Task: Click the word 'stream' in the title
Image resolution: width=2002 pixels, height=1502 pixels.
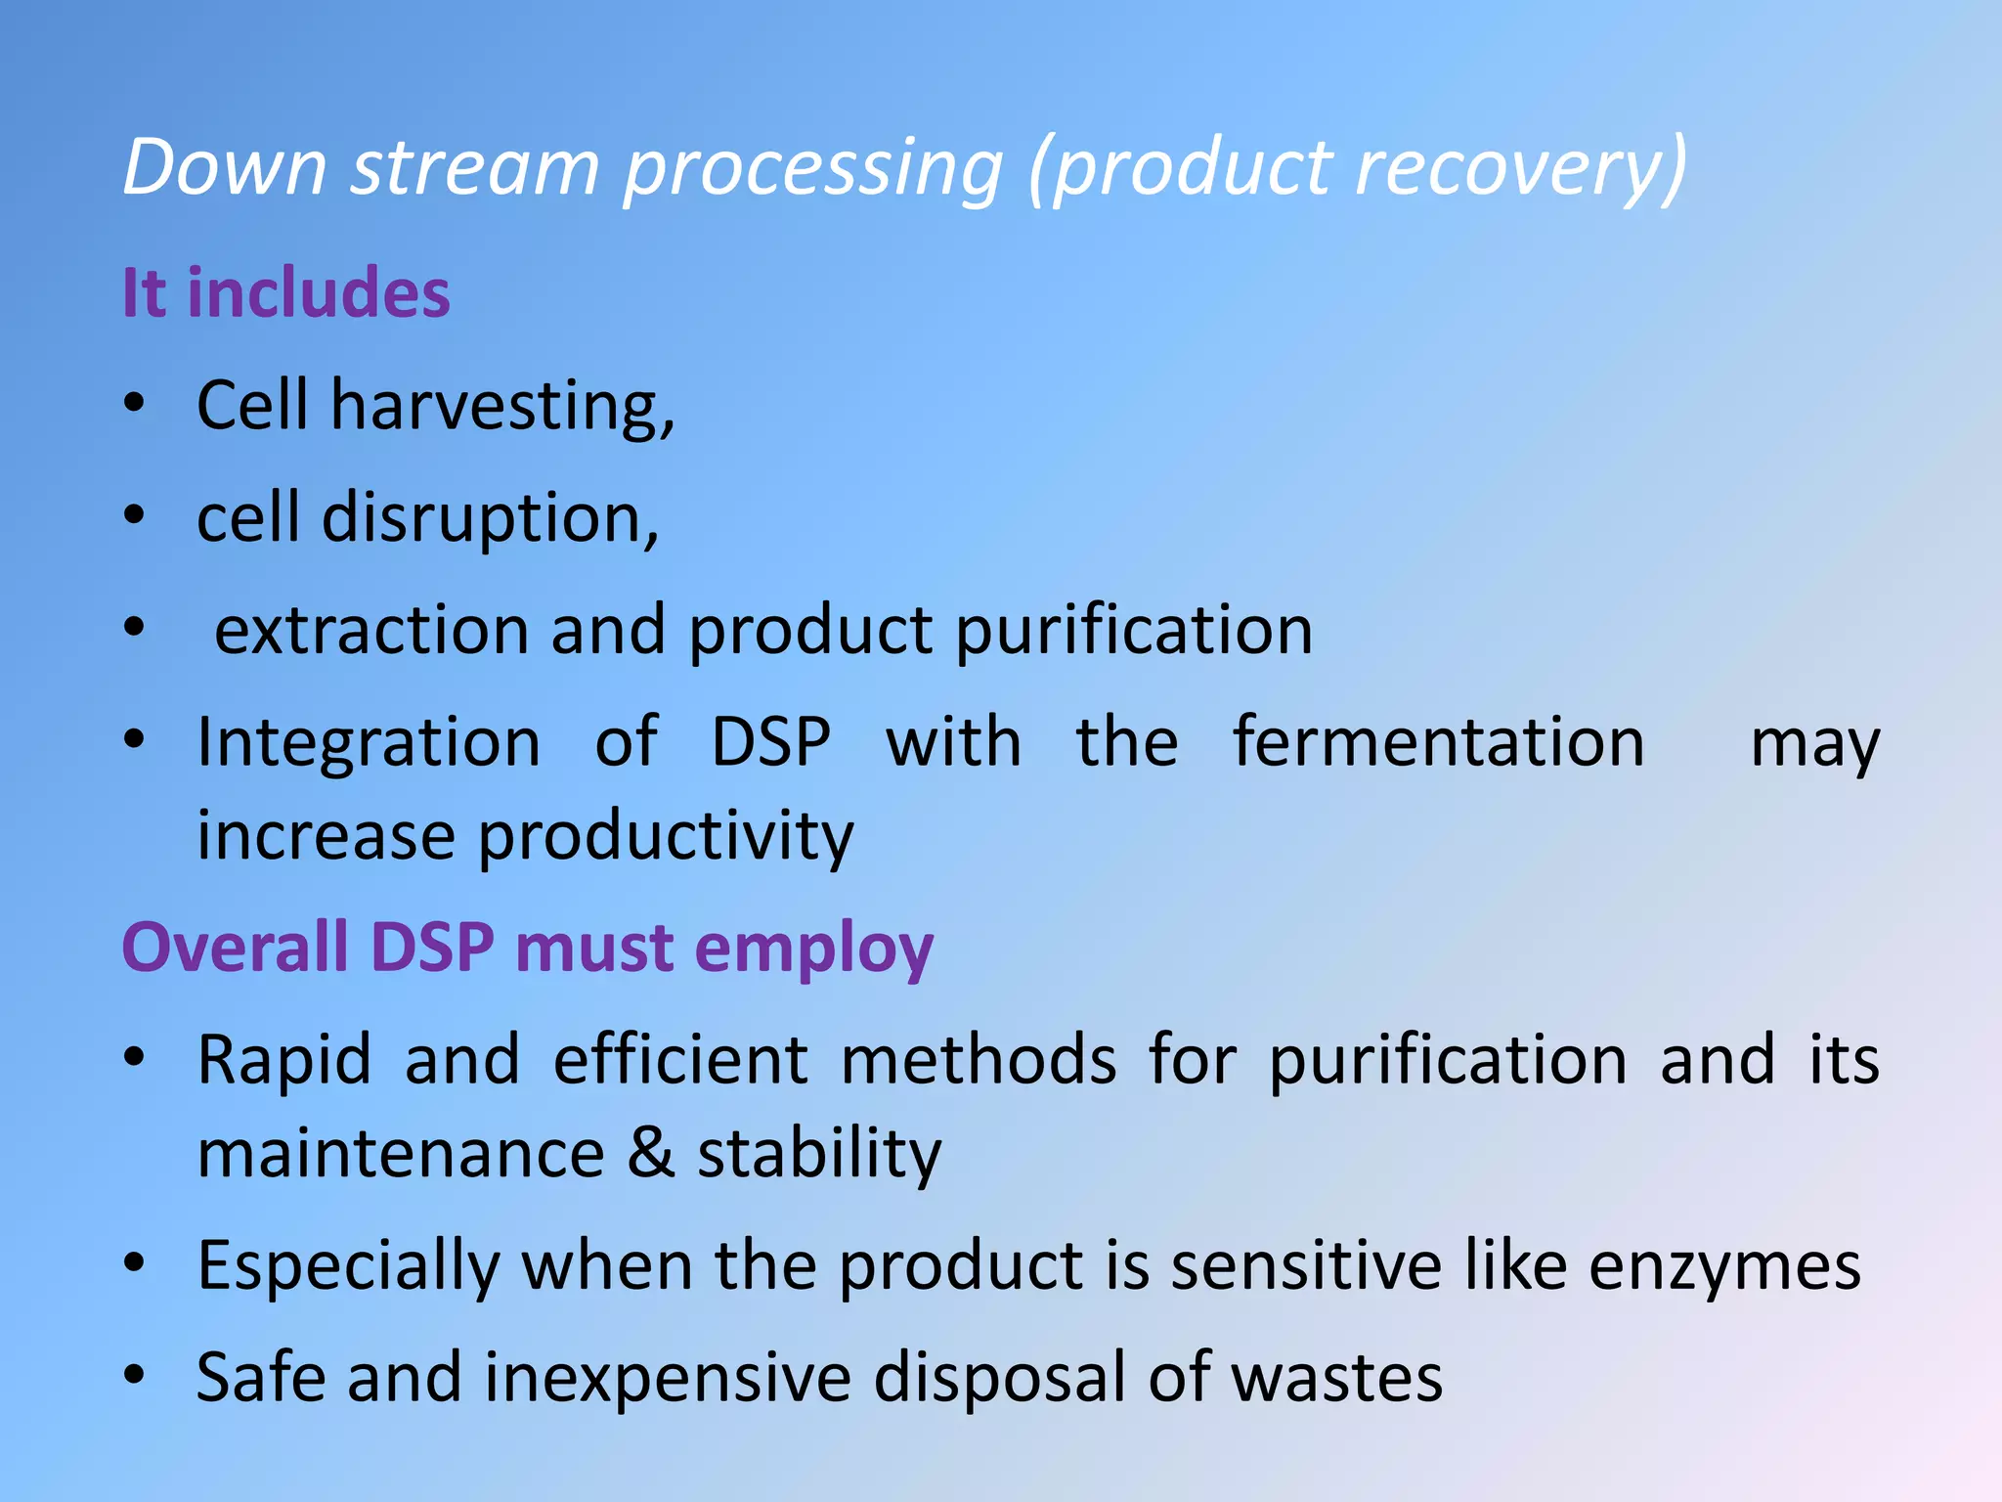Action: [x=475, y=168]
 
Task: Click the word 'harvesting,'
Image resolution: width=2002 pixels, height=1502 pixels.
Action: [x=502, y=407]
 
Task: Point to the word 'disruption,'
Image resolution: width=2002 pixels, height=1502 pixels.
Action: [x=491, y=518]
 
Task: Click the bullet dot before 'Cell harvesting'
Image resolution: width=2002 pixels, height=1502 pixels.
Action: [x=135, y=403]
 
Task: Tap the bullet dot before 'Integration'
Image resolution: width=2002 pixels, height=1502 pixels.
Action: [x=135, y=739]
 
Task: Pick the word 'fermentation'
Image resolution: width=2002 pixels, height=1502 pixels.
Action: [x=1439, y=742]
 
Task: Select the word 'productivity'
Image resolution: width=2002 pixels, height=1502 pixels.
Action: [x=666, y=838]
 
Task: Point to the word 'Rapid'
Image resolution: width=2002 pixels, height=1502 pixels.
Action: [x=284, y=1060]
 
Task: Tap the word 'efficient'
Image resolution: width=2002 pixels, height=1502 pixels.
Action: [x=680, y=1060]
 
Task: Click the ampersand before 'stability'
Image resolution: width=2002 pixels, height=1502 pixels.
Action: [x=651, y=1154]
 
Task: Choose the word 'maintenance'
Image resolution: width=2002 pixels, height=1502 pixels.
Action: [x=401, y=1154]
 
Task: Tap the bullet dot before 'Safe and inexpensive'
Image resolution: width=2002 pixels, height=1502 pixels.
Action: [x=135, y=1375]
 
